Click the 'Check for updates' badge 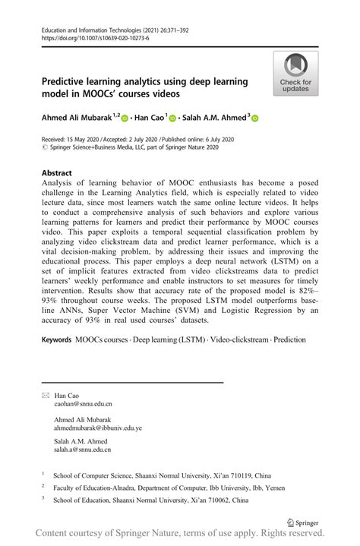pyautogui.click(x=295, y=74)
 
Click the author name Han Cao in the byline pyautogui.click(x=149, y=118)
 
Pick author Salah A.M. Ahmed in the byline pyautogui.click(x=212, y=118)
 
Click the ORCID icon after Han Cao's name pyautogui.click(x=172, y=118)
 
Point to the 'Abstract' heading pyautogui.click(x=58, y=172)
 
